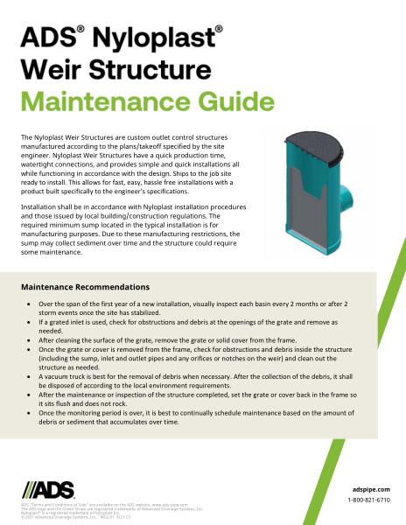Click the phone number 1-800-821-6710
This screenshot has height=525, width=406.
tap(369, 500)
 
